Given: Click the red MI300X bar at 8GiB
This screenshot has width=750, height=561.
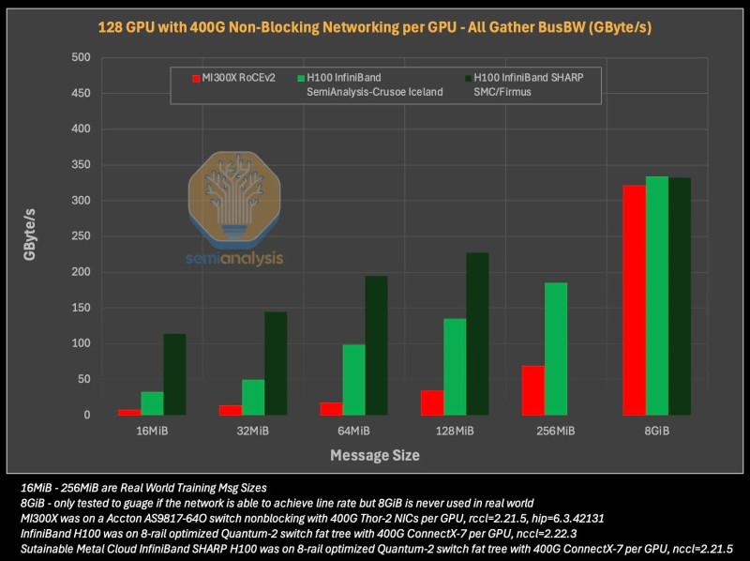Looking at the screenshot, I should pos(635,299).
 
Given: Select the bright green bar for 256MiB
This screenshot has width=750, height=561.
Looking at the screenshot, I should pos(556,348).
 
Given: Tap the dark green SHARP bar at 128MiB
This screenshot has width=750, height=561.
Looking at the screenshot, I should pos(477,333).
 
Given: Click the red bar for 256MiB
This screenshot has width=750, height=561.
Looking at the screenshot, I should pos(533,390).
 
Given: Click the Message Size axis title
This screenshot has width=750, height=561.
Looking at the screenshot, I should pos(374,456).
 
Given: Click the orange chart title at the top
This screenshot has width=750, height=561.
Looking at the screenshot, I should pos(375,27).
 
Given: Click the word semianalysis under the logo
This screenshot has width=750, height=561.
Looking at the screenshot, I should pos(234,258).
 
